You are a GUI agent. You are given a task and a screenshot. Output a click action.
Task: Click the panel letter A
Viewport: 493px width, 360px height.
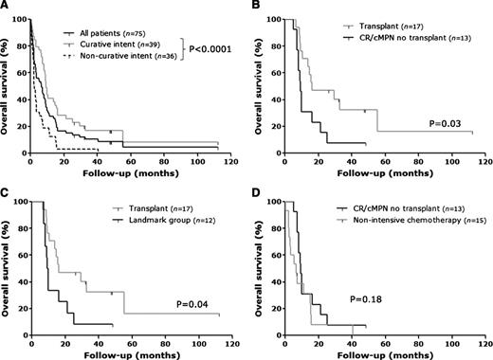click(x=7, y=8)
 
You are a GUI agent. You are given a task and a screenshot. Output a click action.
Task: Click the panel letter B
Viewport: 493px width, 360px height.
click(x=259, y=8)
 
